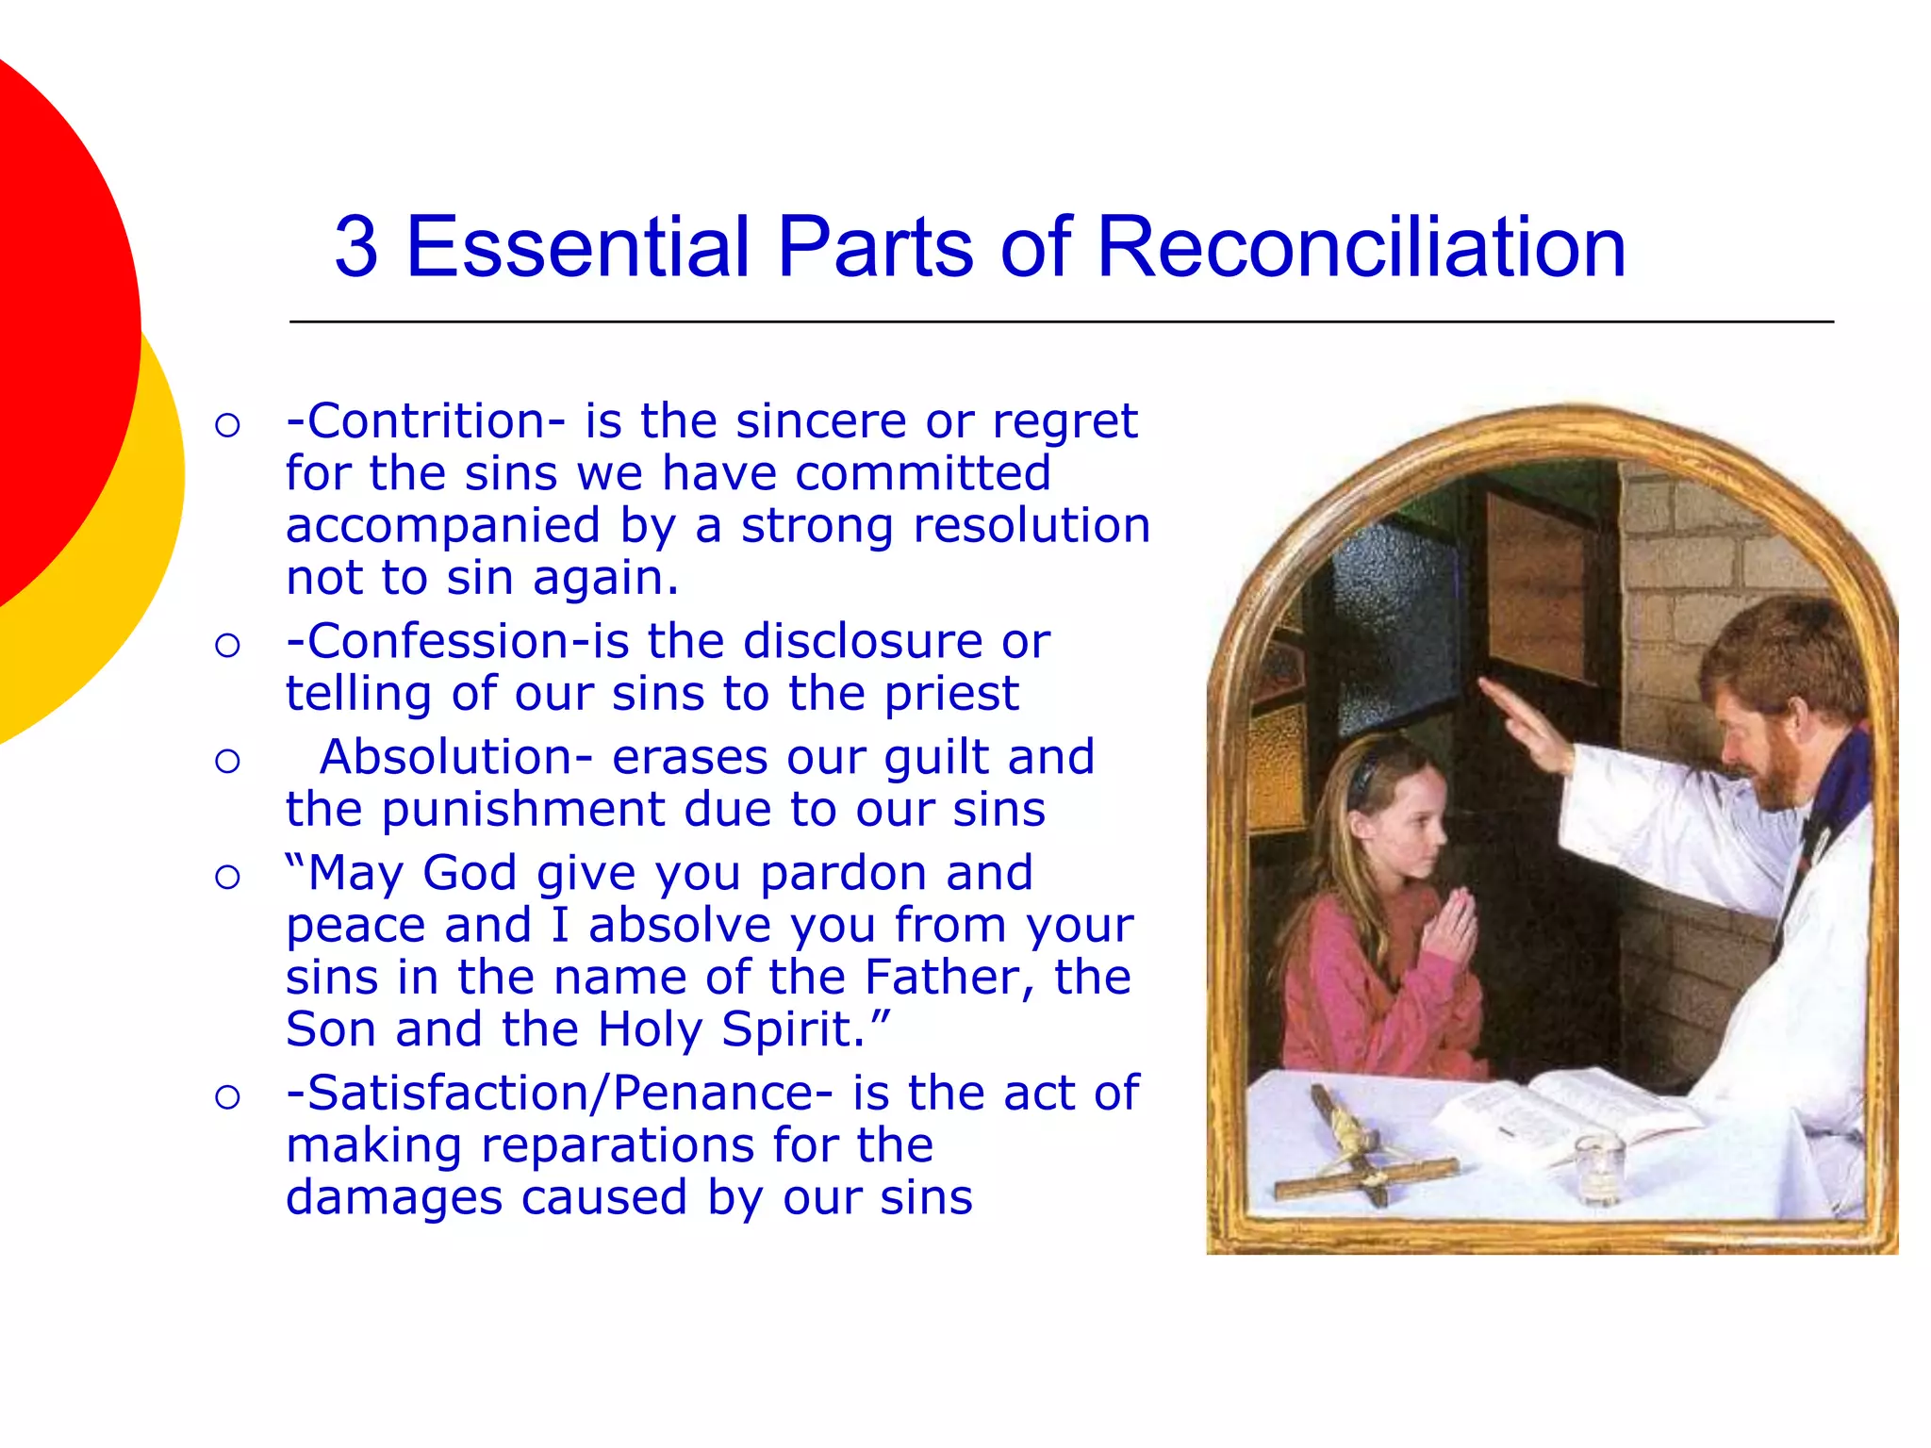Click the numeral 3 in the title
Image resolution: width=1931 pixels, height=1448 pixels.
[x=356, y=247]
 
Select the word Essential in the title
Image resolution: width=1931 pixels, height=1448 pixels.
[x=577, y=247]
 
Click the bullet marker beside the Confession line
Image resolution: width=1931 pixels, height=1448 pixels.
[x=227, y=646]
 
